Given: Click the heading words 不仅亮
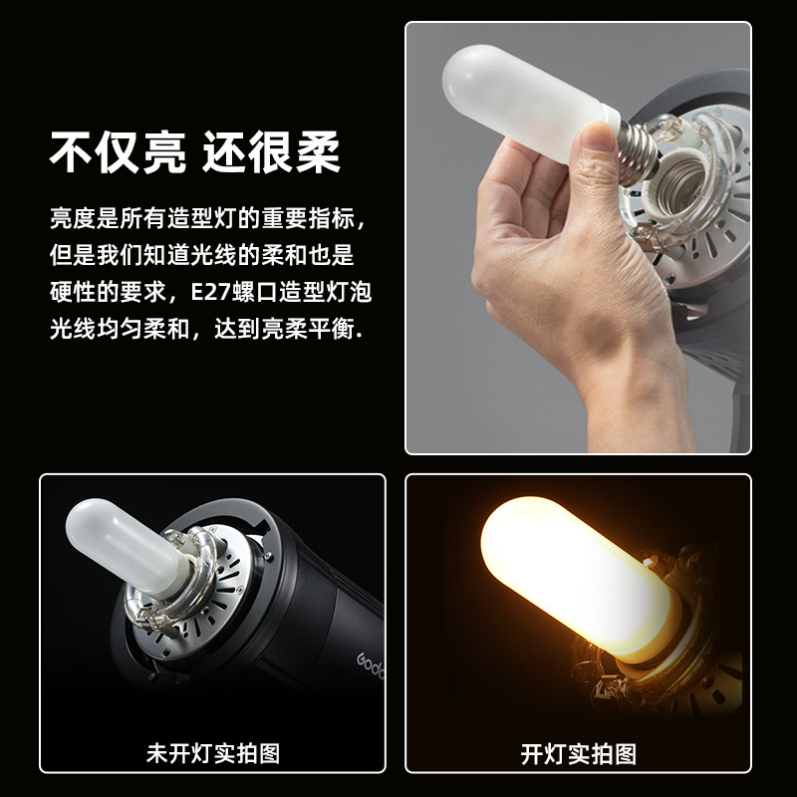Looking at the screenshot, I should [117, 153].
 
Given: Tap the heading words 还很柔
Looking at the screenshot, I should [271, 153].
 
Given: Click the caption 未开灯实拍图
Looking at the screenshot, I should [212, 753].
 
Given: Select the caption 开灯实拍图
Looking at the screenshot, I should [578, 753].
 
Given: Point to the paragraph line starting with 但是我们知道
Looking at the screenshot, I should [201, 254].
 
